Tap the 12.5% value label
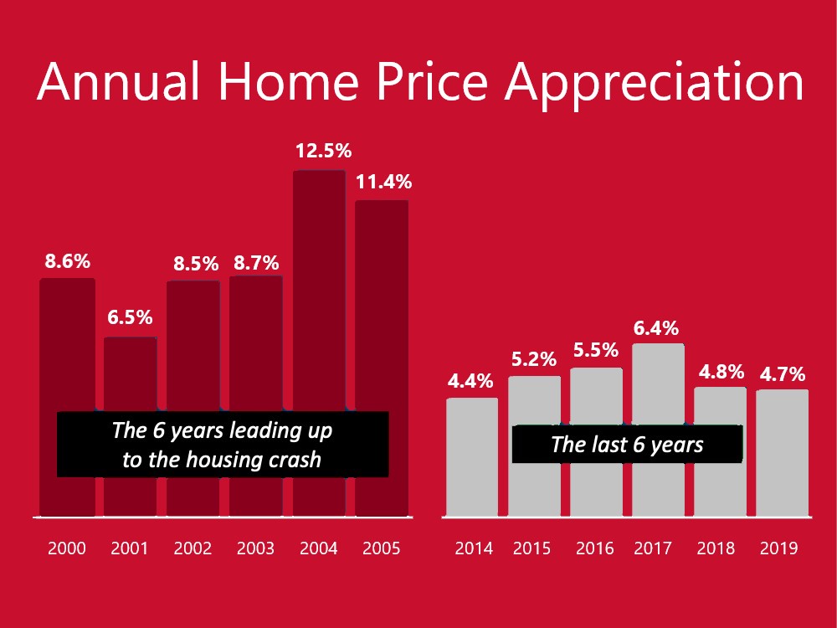323,151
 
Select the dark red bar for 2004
319,343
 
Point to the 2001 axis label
130,548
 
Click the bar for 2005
382,358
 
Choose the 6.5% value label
131,317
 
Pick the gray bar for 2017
658,430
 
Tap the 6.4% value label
656,328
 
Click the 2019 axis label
778,548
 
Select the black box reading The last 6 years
627,445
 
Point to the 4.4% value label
470,381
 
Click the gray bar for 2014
472,457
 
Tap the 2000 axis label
67,548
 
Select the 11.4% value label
384,182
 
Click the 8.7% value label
256,263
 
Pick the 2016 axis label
594,548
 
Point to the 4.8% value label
721,372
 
